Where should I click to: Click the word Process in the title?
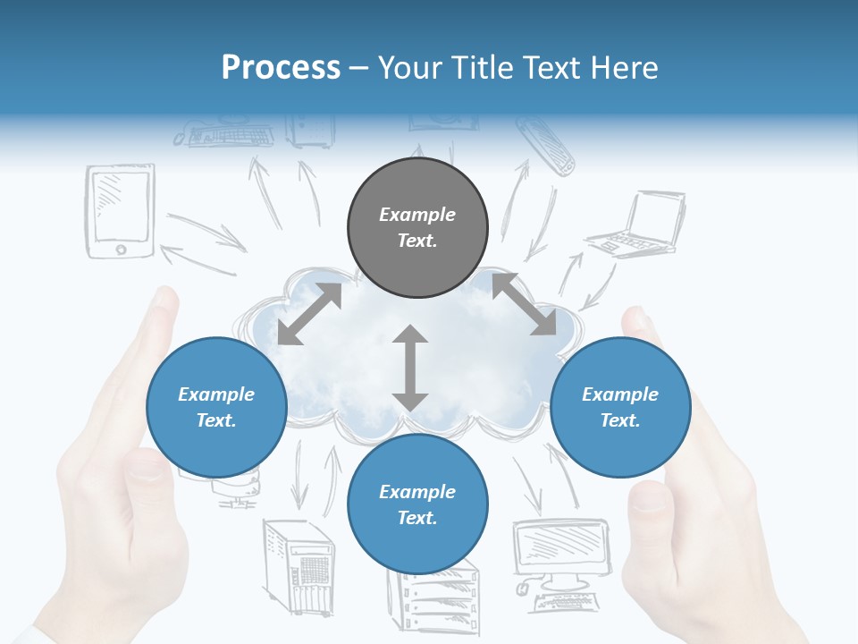pyautogui.click(x=281, y=68)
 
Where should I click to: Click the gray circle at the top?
pyautogui.click(x=417, y=228)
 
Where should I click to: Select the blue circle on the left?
pyautogui.click(x=216, y=407)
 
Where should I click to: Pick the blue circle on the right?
pyautogui.click(x=620, y=407)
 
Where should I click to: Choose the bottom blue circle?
pyautogui.click(x=417, y=504)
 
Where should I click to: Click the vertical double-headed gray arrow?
pyautogui.click(x=410, y=368)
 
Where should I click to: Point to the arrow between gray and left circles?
pyautogui.click(x=309, y=314)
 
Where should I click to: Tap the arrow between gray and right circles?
pyautogui.click(x=522, y=304)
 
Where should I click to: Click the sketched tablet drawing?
pyautogui.click(x=120, y=211)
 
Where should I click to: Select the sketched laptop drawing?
pyautogui.click(x=635, y=225)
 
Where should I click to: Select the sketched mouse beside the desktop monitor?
pyautogui.click(x=524, y=588)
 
